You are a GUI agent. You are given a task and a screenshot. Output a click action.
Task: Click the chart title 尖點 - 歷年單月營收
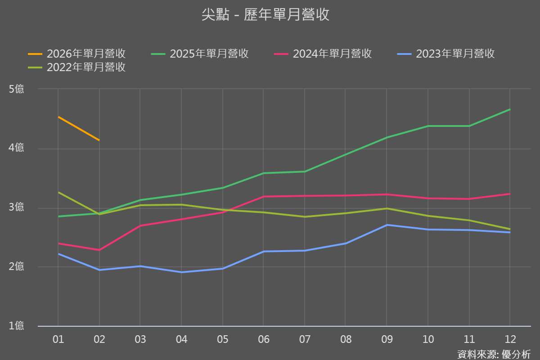(265, 14)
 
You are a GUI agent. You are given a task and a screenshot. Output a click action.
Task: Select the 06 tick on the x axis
(264, 339)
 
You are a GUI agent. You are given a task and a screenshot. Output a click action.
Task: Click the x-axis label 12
(510, 339)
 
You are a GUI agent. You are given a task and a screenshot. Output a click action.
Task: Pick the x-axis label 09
(387, 339)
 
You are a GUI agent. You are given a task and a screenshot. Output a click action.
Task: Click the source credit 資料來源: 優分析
(494, 354)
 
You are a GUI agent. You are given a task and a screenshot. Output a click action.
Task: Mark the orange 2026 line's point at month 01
(58, 117)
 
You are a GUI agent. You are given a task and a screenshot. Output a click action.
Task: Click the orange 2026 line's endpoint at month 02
(99, 140)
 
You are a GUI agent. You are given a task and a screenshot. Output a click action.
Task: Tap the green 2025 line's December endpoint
(510, 109)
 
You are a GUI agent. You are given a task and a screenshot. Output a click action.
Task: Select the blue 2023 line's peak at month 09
(387, 225)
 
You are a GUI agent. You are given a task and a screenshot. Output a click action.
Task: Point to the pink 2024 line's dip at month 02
(99, 250)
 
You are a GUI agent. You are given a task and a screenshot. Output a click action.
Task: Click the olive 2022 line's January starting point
(58, 192)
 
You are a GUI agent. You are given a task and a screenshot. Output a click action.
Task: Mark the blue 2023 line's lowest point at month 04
(181, 272)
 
